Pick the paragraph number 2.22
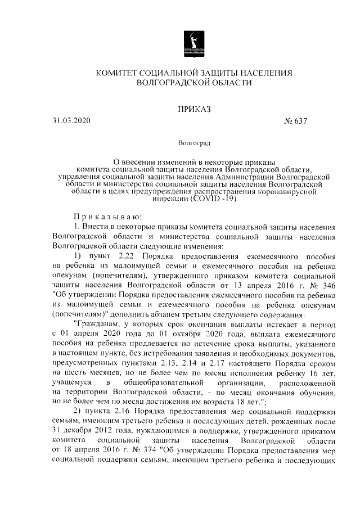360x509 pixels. [126, 255]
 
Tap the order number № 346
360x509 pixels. [323, 285]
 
